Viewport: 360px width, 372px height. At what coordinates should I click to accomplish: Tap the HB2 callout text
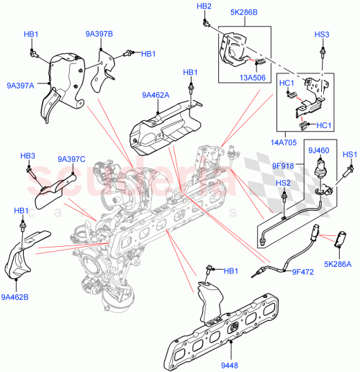(204, 6)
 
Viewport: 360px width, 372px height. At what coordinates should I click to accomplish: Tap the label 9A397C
(72, 159)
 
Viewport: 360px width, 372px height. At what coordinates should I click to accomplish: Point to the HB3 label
(27, 155)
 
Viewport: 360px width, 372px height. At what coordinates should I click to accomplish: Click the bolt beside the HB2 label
(206, 24)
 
